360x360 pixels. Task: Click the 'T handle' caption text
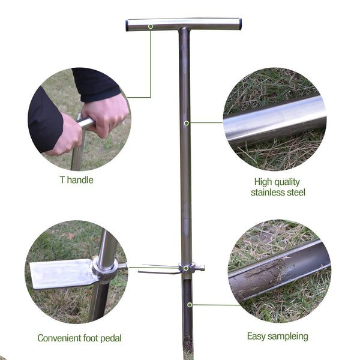pyautogui.click(x=76, y=179)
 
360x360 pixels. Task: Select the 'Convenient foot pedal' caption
pyautogui.click(x=79, y=338)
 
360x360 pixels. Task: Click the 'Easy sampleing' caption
pyautogui.click(x=278, y=336)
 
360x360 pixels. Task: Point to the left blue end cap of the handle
pyautogui.click(x=128, y=25)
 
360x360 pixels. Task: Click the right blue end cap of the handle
pyautogui.click(x=240, y=24)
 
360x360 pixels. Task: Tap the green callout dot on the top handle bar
pyautogui.click(x=151, y=26)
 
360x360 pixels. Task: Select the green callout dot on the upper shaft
pyautogui.click(x=187, y=123)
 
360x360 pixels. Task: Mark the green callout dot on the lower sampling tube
pyautogui.click(x=190, y=305)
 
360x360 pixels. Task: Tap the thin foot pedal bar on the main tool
pyautogui.click(x=159, y=271)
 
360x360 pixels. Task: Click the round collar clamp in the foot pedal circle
pyautogui.click(x=103, y=268)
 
